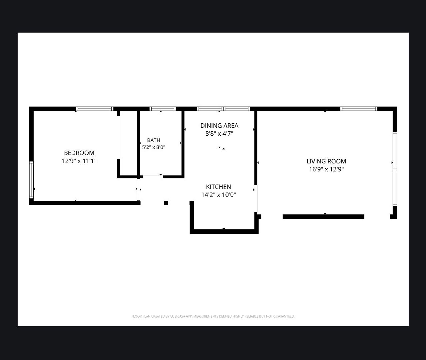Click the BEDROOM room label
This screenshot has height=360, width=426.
[79, 153]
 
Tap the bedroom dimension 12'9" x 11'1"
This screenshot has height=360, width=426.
[79, 161]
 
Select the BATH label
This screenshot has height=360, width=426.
[154, 140]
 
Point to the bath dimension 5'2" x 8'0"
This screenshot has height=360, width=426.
[154, 147]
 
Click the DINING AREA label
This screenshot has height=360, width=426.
[219, 125]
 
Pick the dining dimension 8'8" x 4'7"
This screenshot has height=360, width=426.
[219, 134]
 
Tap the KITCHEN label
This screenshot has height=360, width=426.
[218, 187]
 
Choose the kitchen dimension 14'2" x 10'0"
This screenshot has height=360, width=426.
[218, 195]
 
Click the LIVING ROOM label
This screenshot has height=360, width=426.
[326, 161]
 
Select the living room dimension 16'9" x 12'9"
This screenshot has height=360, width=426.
[326, 169]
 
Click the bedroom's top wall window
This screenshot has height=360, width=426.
[95, 109]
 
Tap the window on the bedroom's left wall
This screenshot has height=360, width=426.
[31, 180]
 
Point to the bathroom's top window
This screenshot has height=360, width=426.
[163, 109]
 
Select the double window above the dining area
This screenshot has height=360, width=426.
[223, 109]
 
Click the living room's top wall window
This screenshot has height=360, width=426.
[359, 109]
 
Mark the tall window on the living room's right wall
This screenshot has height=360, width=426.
[395, 169]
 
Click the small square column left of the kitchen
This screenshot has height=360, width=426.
[166, 203]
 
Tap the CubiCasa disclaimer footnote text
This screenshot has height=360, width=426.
[213, 316]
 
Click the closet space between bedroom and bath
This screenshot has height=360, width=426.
[128, 143]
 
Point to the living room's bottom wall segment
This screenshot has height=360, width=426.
[323, 216]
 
